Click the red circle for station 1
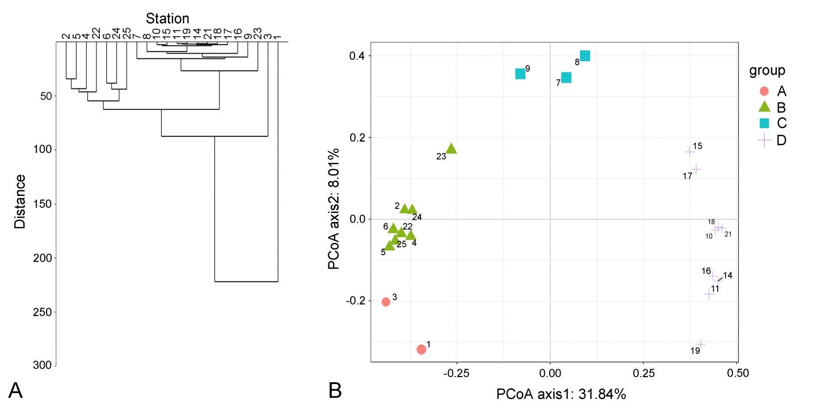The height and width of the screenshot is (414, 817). pos(421,349)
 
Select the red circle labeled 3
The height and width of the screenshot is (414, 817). pos(386,302)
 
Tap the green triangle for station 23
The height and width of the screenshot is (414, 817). pos(451,149)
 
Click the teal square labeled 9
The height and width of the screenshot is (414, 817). pos(520,74)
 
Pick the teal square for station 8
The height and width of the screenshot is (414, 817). pos(585,56)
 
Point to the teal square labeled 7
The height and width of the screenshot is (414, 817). pos(566,78)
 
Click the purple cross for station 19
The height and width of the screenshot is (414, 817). pos(701,344)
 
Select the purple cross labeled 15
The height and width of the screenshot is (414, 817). pos(690,152)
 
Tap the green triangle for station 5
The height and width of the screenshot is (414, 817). pos(389,246)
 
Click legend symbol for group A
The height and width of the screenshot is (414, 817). pos(764,91)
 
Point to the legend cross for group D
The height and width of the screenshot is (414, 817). pos(764,140)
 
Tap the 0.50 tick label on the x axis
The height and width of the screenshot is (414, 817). pos(736,373)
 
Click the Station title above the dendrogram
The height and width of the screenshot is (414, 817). pos(167,19)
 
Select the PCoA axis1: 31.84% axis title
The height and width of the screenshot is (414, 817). pos(561,394)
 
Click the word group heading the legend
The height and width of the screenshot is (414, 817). pos(767,71)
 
